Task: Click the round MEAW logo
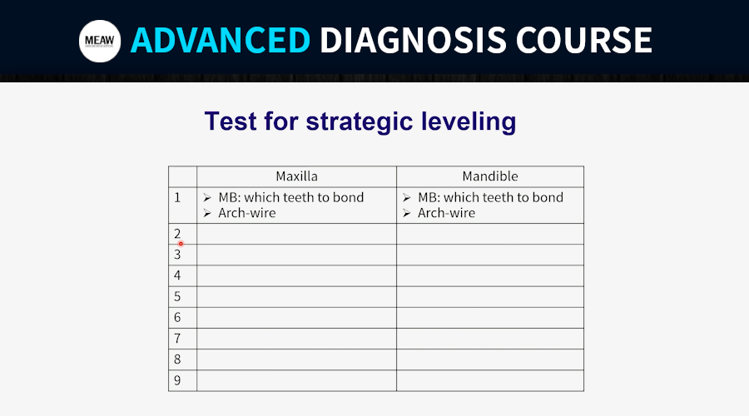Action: [100, 41]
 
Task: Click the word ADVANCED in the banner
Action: [221, 40]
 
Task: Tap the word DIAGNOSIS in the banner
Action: [413, 40]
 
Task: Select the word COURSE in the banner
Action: [583, 40]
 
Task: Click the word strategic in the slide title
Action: [360, 122]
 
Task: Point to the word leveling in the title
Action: [469, 121]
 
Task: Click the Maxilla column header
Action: [296, 176]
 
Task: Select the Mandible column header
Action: [490, 176]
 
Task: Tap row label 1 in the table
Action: [177, 197]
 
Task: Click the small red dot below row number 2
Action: [181, 244]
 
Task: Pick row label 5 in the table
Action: [177, 296]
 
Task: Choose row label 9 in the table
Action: [177, 380]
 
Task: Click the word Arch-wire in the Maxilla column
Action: [247, 213]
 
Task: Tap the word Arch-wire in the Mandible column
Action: [447, 213]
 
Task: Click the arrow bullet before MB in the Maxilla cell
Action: [207, 197]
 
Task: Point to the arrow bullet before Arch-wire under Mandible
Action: [406, 213]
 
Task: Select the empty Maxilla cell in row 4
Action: [296, 275]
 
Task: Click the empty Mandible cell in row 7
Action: [490, 338]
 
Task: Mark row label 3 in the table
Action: [177, 255]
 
